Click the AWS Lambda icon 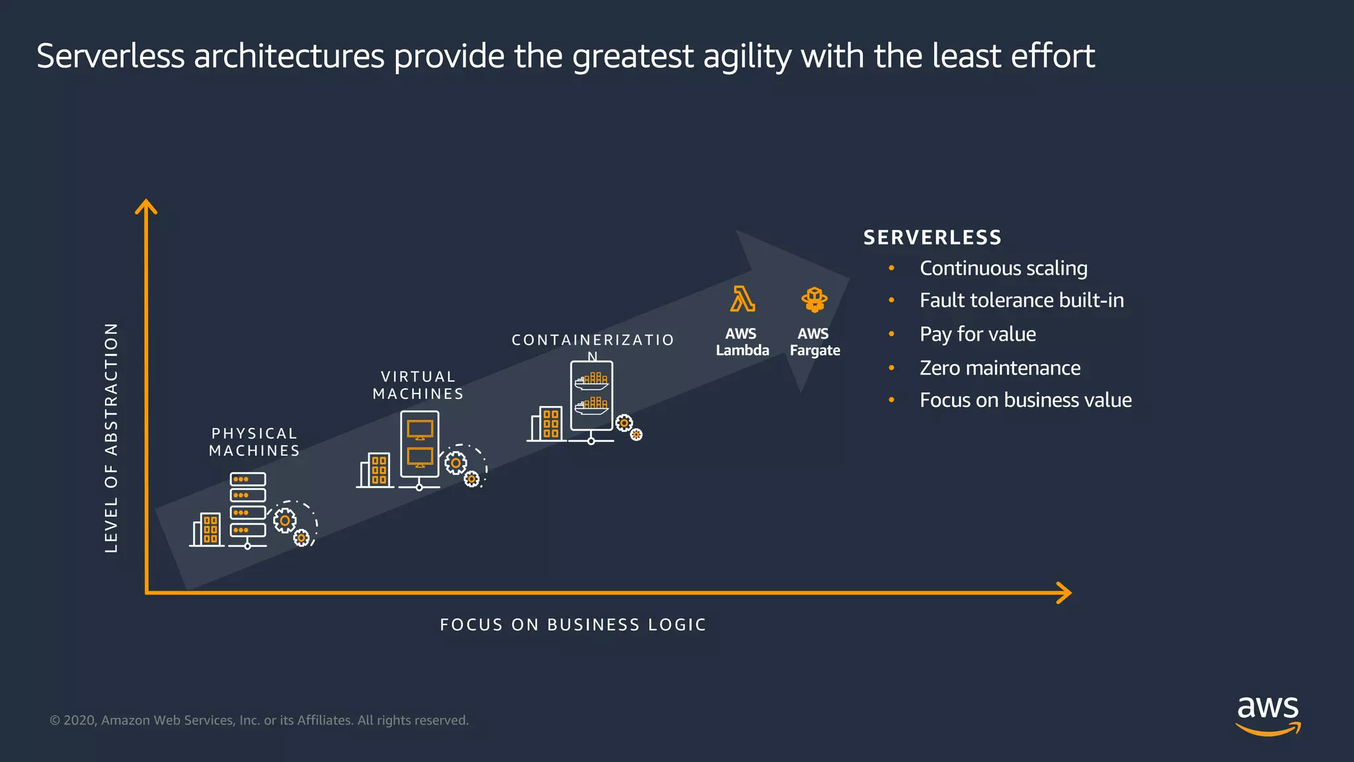pos(742,299)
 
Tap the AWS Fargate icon pos(814,299)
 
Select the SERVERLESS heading pos(932,237)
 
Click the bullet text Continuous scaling pos(1003,268)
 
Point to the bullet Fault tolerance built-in pos(1021,300)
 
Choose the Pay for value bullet pos(977,334)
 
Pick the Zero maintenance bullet pos(1000,368)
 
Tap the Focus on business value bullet pos(1025,400)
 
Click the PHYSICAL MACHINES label pos(255,442)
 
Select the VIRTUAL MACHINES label pos(418,385)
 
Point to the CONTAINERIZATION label pos(592,341)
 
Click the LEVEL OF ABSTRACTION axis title pos(112,437)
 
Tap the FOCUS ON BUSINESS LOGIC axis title pos(573,624)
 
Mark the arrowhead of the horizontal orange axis pos(1064,593)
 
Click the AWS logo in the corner pos(1267,714)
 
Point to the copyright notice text pos(259,720)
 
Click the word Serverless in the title pos(110,56)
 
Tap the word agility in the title pos(747,56)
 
